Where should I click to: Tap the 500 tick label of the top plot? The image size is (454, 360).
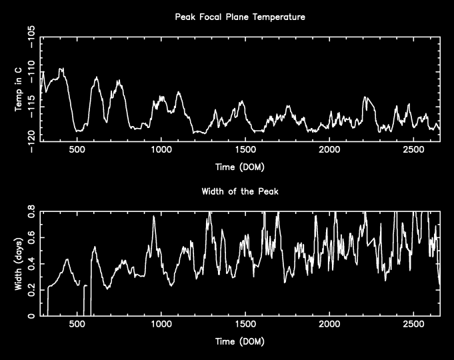click(x=77, y=150)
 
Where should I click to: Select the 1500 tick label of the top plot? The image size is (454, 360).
click(x=245, y=150)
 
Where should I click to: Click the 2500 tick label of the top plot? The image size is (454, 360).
click(x=413, y=150)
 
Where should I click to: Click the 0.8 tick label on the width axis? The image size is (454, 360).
click(x=31, y=211)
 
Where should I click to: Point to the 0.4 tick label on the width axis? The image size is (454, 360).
click(x=31, y=264)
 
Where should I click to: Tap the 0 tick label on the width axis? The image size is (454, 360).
click(x=33, y=316)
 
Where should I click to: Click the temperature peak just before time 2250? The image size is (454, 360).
click(x=365, y=97)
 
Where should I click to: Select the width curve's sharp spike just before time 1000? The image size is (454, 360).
click(x=154, y=217)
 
